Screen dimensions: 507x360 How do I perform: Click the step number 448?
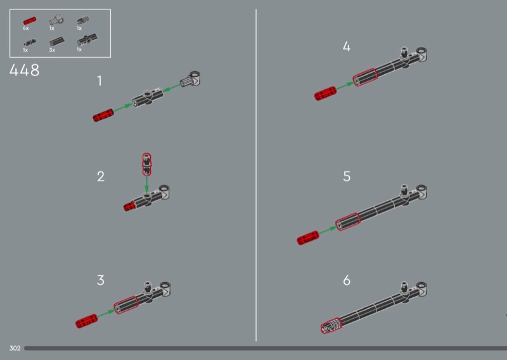tap(25, 70)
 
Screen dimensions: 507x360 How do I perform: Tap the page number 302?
tap(15, 349)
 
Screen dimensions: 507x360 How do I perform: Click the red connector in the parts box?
tap(29, 21)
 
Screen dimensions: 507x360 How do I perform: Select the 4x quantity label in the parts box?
tap(25, 29)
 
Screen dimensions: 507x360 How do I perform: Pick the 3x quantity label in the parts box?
tap(52, 51)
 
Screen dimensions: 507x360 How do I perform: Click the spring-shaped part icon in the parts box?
tap(83, 20)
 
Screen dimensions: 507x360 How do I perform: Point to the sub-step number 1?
tap(99, 80)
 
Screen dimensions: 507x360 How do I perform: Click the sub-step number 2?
tap(101, 176)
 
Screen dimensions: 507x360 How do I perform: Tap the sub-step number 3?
tap(101, 280)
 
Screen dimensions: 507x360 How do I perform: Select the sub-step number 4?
tap(346, 46)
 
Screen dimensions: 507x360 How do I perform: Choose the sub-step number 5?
tap(347, 176)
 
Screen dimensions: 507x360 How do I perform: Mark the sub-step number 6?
tap(347, 280)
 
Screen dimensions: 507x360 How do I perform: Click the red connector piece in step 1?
tap(103, 115)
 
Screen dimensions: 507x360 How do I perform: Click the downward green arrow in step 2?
tap(147, 184)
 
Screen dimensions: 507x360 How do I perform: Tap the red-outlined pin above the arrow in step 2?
tap(147, 164)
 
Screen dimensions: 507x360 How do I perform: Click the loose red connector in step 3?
tap(86, 321)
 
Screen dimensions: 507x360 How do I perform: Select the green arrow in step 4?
tap(345, 86)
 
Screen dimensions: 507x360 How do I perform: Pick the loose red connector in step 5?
tap(308, 238)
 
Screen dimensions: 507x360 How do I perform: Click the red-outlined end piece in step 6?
tap(331, 325)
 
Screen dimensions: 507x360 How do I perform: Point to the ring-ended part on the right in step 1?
tap(191, 79)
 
